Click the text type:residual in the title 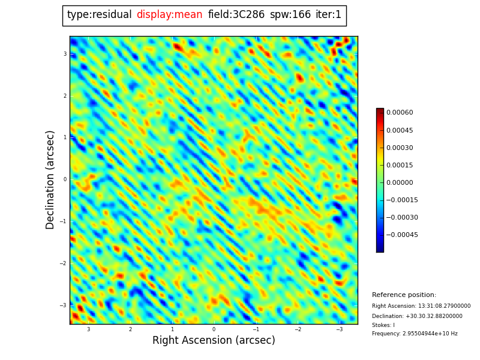click(x=99, y=15)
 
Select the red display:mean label click(x=169, y=15)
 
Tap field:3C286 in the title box click(x=236, y=15)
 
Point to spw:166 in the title click(x=290, y=15)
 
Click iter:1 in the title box click(x=328, y=15)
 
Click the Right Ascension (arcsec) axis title click(x=214, y=341)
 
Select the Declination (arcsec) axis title click(x=50, y=179)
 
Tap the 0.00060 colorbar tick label click(x=400, y=113)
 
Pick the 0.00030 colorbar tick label click(x=400, y=148)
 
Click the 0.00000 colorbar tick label click(x=400, y=182)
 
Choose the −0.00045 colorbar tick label click(x=402, y=235)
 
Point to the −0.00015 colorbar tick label click(x=402, y=200)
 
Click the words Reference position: click(x=404, y=295)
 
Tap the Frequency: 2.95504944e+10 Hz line click(x=415, y=334)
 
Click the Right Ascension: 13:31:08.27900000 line click(x=421, y=306)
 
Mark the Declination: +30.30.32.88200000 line click(x=417, y=316)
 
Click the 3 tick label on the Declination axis click(x=65, y=54)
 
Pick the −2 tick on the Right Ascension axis click(x=298, y=329)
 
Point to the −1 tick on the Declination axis click(x=64, y=221)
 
